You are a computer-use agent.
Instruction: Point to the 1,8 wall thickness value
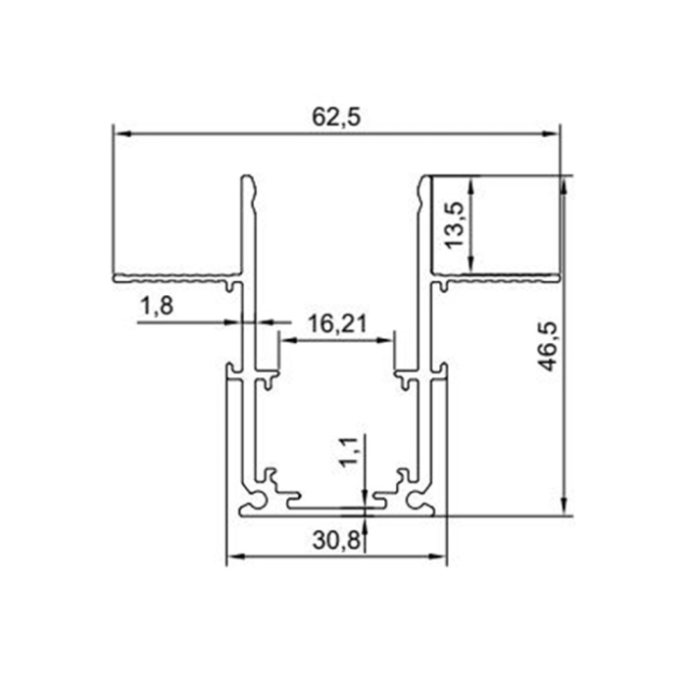(157, 308)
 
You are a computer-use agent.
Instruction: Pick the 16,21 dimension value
(337, 323)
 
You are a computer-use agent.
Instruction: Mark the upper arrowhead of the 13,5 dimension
(472, 182)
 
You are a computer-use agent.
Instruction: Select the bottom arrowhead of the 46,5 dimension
(564, 507)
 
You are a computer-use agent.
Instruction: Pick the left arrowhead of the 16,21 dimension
(284, 340)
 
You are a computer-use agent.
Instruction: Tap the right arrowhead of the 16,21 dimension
(389, 340)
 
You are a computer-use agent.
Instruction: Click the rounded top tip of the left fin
(249, 180)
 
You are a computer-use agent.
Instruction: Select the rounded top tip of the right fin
(426, 180)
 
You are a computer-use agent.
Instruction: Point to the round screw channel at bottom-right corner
(422, 501)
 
